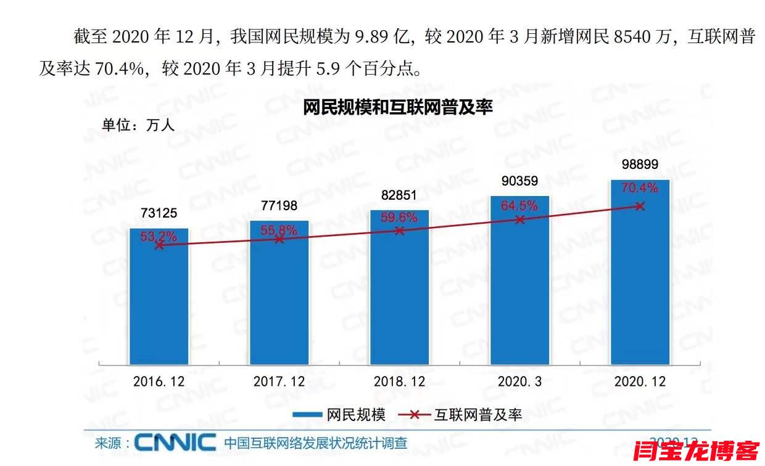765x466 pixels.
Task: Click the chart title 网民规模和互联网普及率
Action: pyautogui.click(x=398, y=108)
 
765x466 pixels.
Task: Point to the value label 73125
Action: pyautogui.click(x=159, y=213)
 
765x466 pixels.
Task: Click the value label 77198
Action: pyautogui.click(x=279, y=205)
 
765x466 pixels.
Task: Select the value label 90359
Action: pyautogui.click(x=519, y=181)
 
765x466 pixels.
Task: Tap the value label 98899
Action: pyautogui.click(x=640, y=165)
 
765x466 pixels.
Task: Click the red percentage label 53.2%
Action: pyautogui.click(x=159, y=235)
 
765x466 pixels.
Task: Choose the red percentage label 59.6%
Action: pyautogui.click(x=399, y=217)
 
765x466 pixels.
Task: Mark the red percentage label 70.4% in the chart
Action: pyautogui.click(x=640, y=188)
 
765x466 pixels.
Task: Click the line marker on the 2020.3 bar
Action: pyautogui.click(x=519, y=219)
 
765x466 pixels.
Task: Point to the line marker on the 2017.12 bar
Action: pyautogui.click(x=279, y=239)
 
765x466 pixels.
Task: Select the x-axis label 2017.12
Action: pyautogui.click(x=279, y=382)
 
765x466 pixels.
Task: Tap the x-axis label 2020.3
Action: pyautogui.click(x=519, y=382)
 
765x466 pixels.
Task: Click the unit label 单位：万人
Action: pyautogui.click(x=138, y=125)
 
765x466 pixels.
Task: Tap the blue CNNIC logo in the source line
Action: pyautogui.click(x=175, y=443)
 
